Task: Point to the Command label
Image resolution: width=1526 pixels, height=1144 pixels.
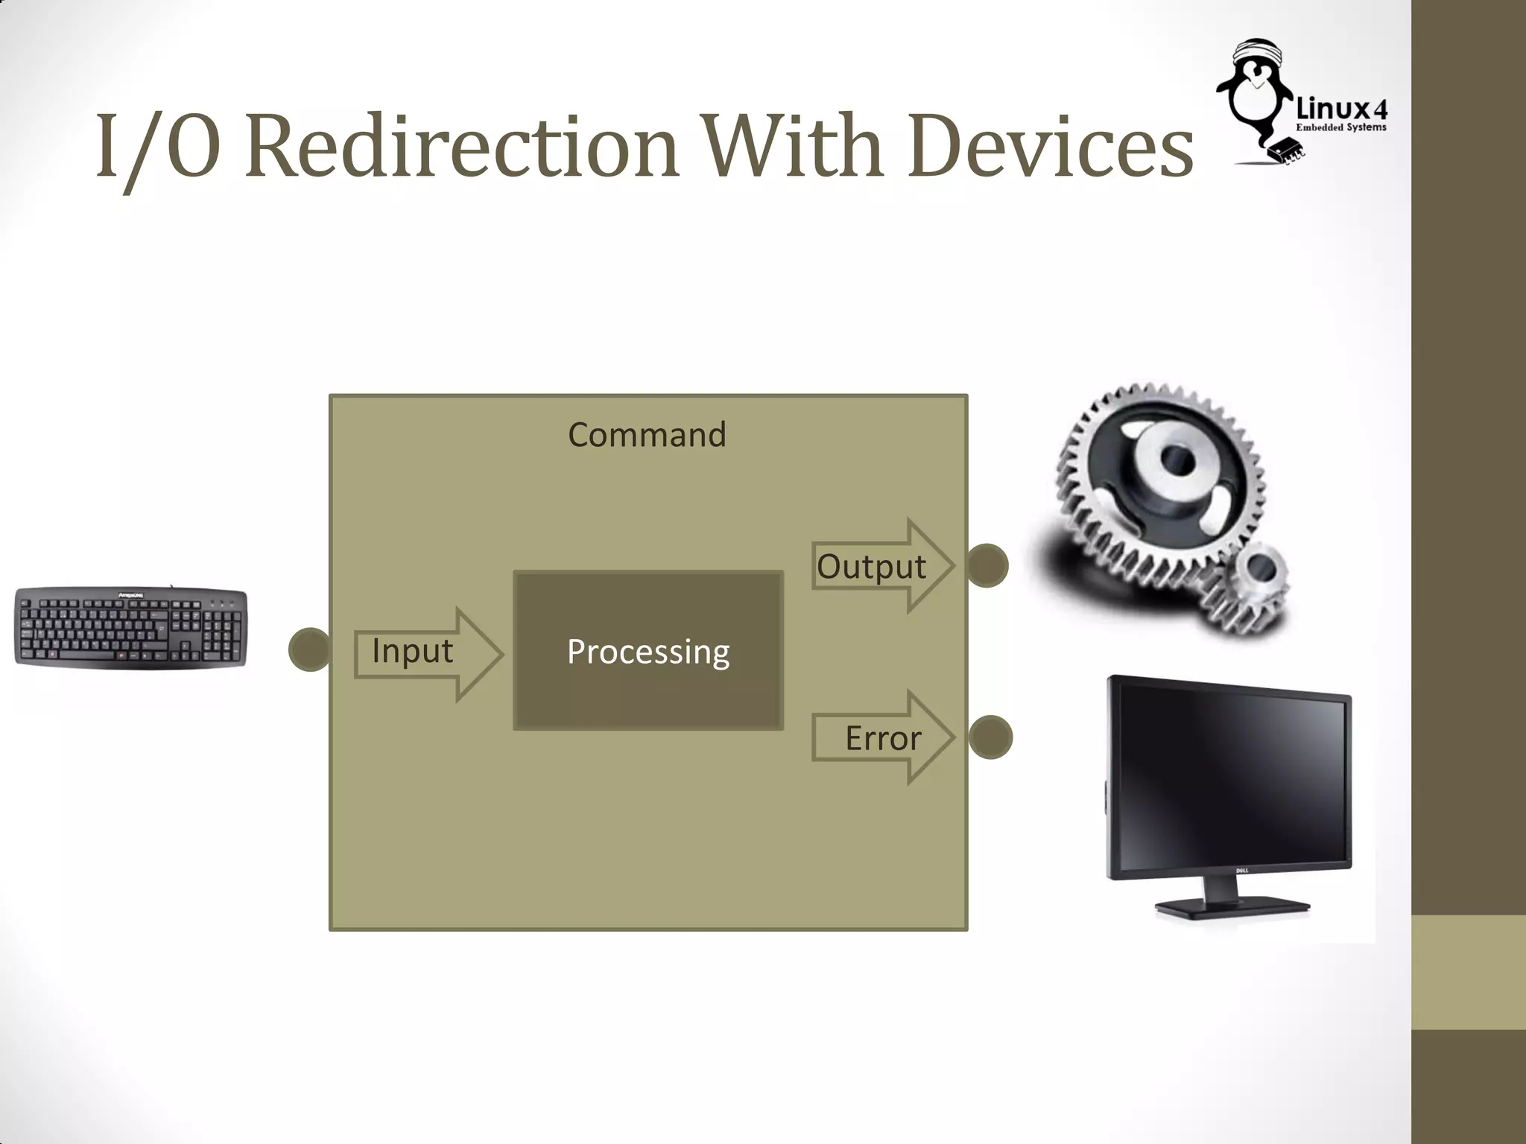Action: (647, 435)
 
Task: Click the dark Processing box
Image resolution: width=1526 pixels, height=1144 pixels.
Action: (648, 650)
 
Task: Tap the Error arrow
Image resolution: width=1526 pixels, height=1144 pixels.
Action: (883, 737)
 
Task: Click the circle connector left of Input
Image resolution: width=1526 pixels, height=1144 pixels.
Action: (308, 649)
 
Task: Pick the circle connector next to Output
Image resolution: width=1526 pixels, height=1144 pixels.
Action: (988, 566)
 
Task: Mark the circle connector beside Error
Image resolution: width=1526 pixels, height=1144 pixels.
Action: (991, 737)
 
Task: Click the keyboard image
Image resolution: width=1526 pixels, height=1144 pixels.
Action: (131, 628)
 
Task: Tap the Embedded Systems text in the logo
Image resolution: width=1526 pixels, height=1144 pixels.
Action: (1341, 127)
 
